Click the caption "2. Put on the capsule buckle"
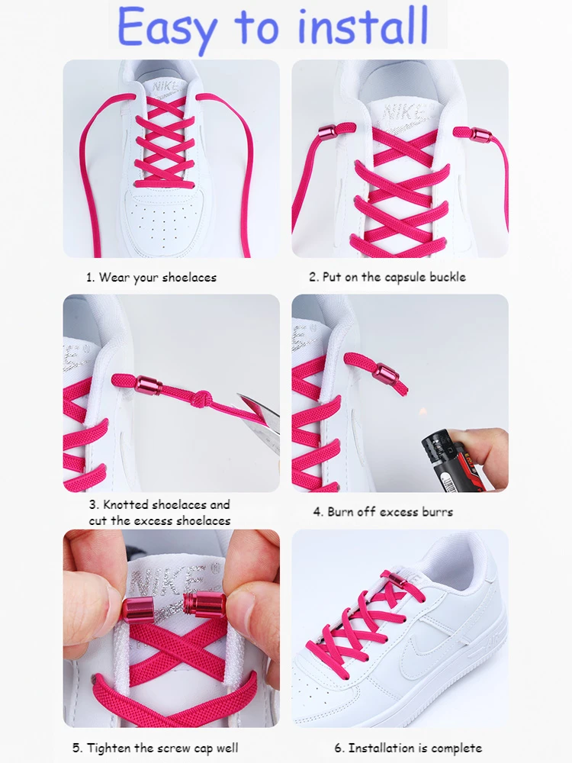coord(387,278)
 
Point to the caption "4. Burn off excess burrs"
coord(383,512)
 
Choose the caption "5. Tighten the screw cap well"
coord(156,748)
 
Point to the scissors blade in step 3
coord(258,408)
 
